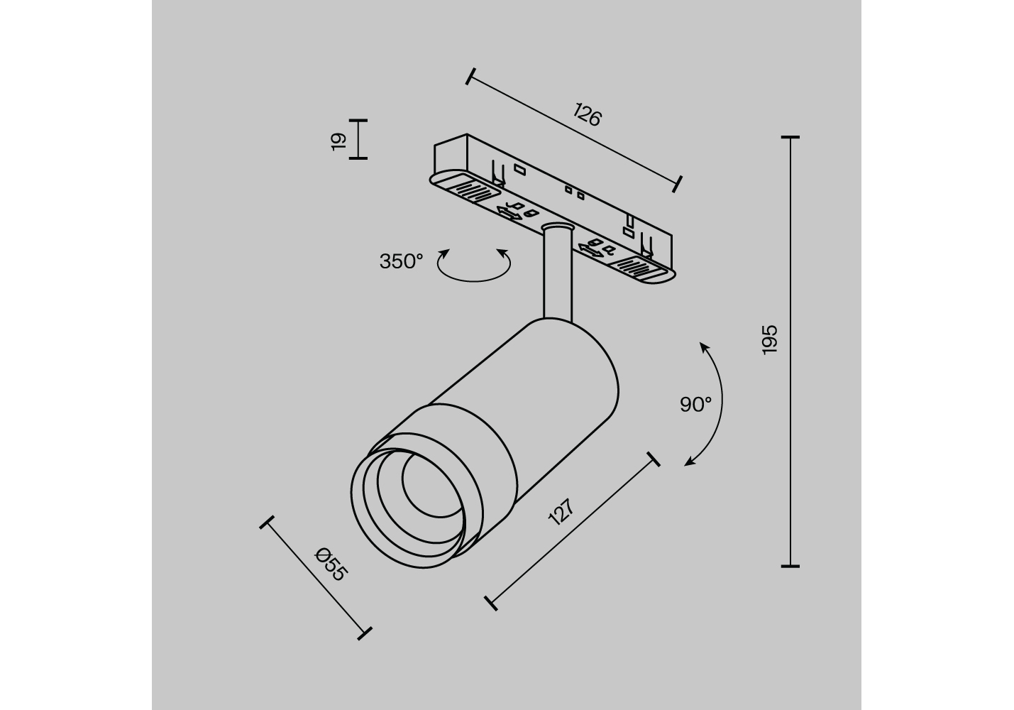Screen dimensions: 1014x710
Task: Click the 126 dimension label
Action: click(x=587, y=114)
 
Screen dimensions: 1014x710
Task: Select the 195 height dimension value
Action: click(x=770, y=339)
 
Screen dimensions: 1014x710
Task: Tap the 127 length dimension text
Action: click(x=561, y=512)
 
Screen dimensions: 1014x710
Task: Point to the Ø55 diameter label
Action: click(x=331, y=564)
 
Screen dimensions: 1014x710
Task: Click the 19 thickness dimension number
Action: click(x=338, y=142)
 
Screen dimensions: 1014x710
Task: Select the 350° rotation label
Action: click(x=401, y=261)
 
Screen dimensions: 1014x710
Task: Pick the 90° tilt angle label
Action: click(x=696, y=404)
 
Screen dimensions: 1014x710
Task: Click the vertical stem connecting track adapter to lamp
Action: click(x=558, y=273)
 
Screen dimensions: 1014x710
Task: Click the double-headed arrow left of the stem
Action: click(x=509, y=214)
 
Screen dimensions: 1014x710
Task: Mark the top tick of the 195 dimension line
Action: click(x=790, y=137)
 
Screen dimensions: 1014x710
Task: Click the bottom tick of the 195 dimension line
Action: click(x=790, y=566)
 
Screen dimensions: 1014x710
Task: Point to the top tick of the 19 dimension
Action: click(x=358, y=121)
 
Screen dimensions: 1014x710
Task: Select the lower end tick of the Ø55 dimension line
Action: click(x=365, y=633)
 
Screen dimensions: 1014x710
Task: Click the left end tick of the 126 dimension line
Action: click(x=470, y=77)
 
